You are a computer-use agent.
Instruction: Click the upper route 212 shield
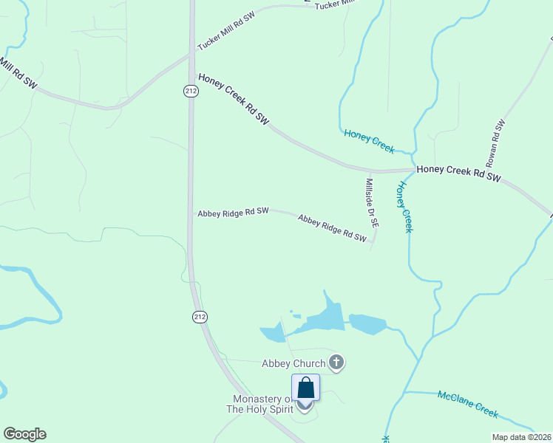pyautogui.click(x=191, y=91)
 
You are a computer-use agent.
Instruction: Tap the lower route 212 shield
pyautogui.click(x=199, y=317)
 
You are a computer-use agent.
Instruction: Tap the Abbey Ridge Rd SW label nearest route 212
pyautogui.click(x=233, y=212)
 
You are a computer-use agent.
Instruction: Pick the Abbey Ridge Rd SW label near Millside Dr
pyautogui.click(x=332, y=228)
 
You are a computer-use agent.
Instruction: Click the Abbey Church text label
pyautogui.click(x=294, y=363)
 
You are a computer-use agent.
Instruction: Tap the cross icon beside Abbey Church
pyautogui.click(x=336, y=362)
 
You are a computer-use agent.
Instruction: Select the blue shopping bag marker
pyautogui.click(x=306, y=388)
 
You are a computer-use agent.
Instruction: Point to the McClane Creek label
pyautogui.click(x=468, y=403)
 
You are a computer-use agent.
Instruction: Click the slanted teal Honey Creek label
pyautogui.click(x=369, y=140)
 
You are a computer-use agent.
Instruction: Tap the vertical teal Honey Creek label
pyautogui.click(x=404, y=207)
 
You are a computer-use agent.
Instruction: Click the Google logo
pyautogui.click(x=24, y=434)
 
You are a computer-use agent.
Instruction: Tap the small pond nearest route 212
pyautogui.click(x=272, y=333)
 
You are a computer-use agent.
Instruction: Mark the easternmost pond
pyautogui.click(x=367, y=323)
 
